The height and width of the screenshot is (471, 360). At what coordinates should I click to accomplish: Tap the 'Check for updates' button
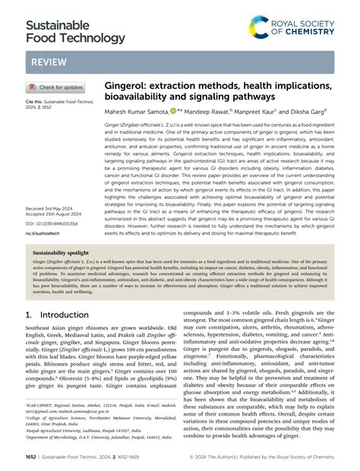(56, 87)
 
